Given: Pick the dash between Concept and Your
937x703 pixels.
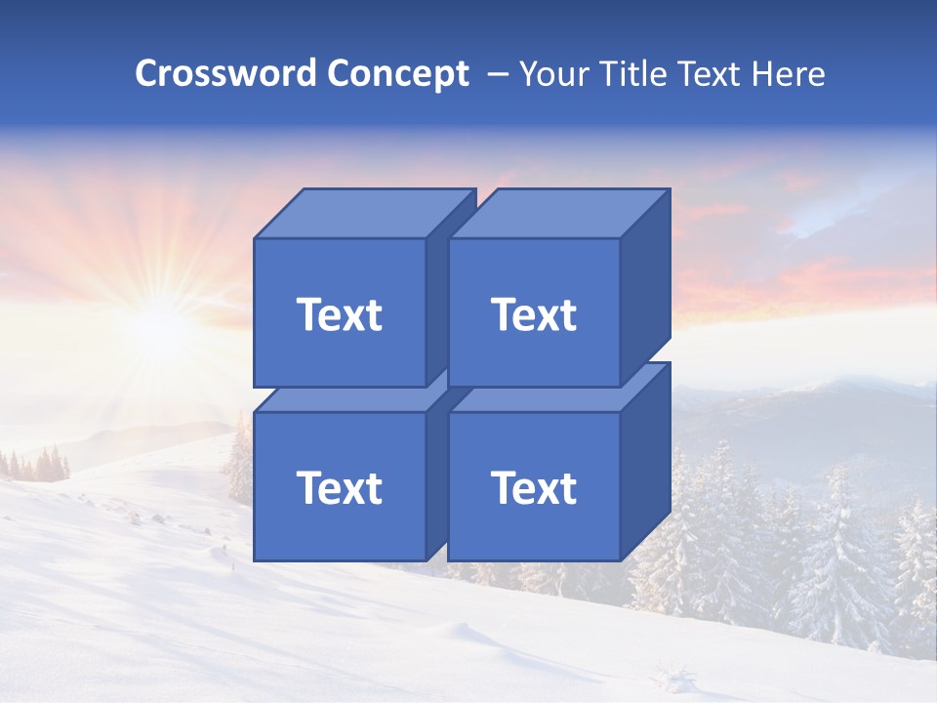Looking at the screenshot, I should pyautogui.click(x=496, y=74).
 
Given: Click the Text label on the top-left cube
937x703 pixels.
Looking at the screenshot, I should pyautogui.click(x=339, y=314).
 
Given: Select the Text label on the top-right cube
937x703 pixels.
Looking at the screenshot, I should pyautogui.click(x=533, y=314).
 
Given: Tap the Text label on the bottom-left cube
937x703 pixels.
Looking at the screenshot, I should pyautogui.click(x=339, y=487).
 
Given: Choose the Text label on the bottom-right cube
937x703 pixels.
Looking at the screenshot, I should pyautogui.click(x=533, y=487).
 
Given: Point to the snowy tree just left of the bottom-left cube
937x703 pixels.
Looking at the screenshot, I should pyautogui.click(x=239, y=459).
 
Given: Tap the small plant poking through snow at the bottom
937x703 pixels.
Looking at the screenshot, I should pyautogui.click(x=673, y=674).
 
